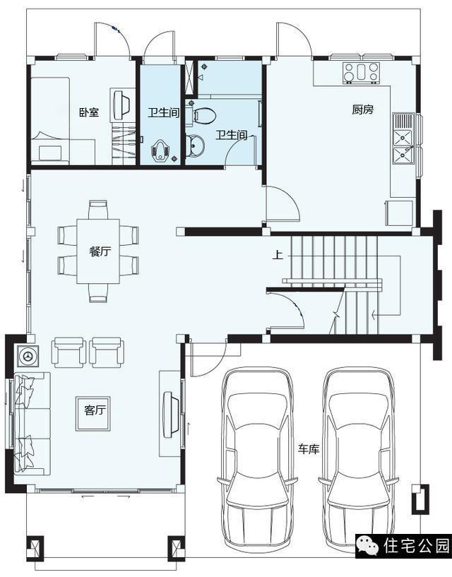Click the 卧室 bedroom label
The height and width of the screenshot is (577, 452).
tap(89, 112)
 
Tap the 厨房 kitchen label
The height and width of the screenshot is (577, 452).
tap(362, 109)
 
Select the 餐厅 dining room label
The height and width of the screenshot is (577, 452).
tap(100, 251)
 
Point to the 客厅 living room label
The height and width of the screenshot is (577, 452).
tap(95, 410)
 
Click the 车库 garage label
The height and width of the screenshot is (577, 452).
tap(309, 449)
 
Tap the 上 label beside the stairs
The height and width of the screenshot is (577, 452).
tap(278, 255)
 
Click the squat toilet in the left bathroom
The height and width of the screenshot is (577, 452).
tap(160, 152)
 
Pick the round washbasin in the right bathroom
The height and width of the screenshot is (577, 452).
tap(195, 144)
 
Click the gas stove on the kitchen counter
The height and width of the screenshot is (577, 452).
tap(361, 72)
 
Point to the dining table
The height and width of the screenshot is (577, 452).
tap(98, 251)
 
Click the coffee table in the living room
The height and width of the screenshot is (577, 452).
tap(93, 414)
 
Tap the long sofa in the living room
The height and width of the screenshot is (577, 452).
tap(32, 424)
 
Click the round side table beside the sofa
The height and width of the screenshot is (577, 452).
tap(28, 356)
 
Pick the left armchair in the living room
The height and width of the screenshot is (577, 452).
tap(69, 352)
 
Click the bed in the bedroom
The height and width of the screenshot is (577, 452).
tap(50, 121)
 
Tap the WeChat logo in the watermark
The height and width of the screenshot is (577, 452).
tap(369, 546)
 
